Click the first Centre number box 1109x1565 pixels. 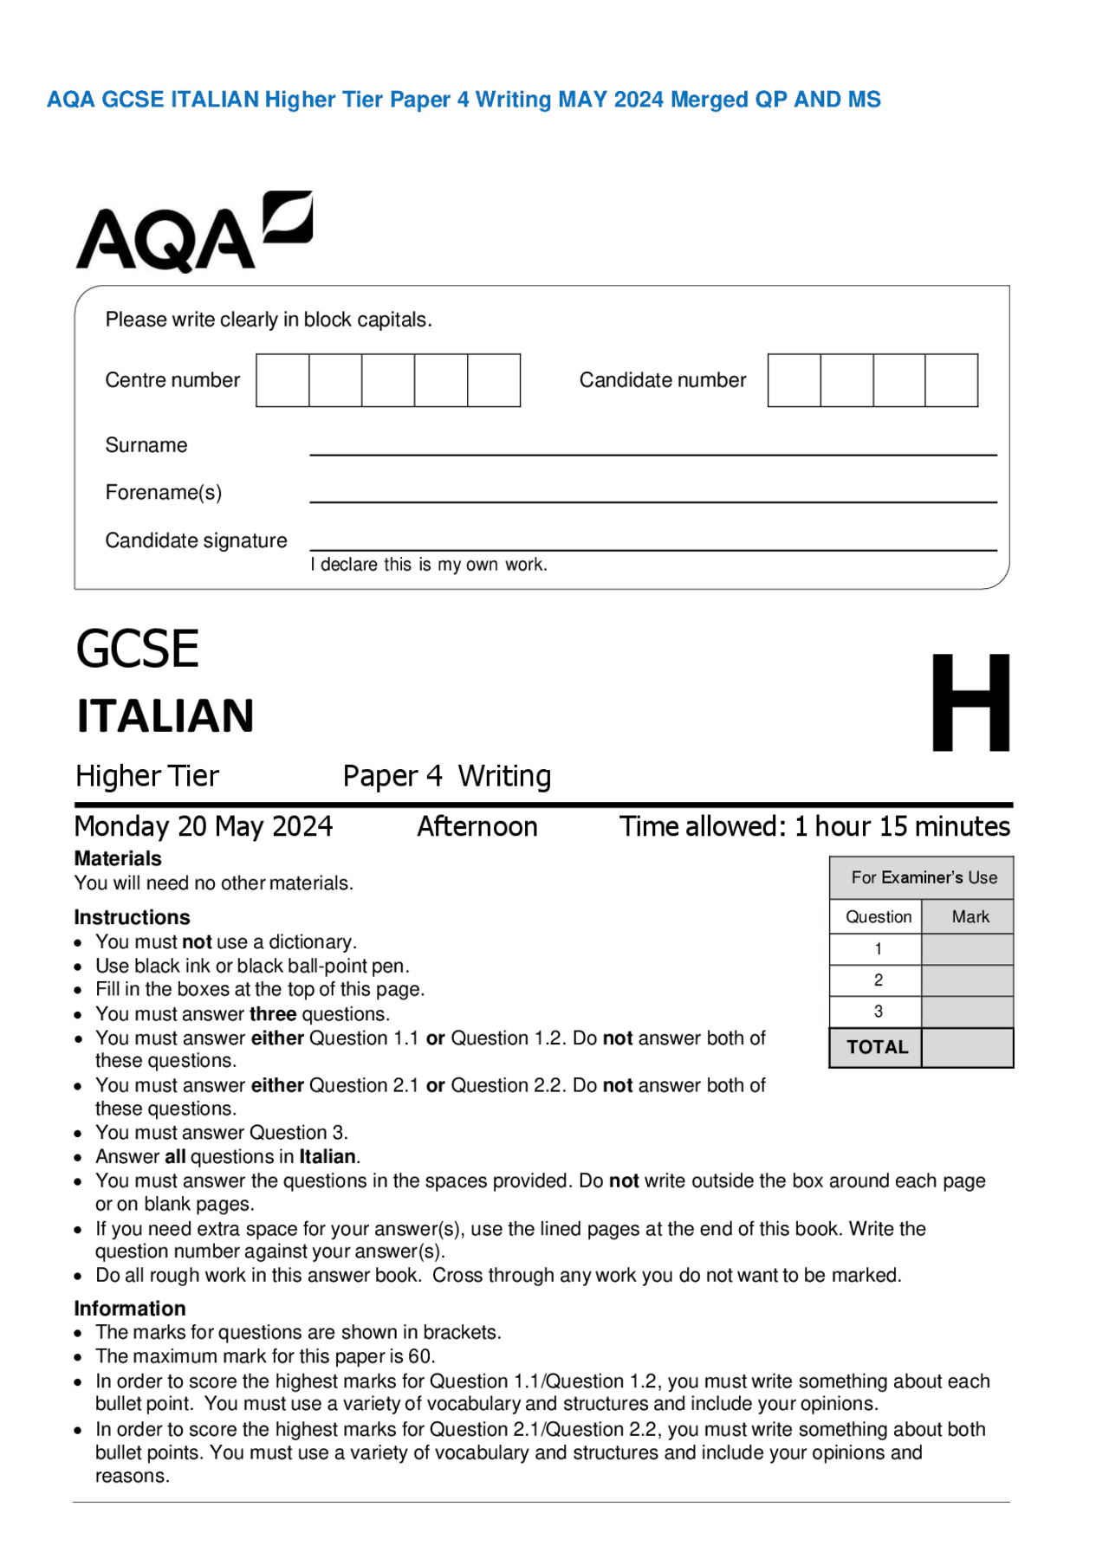[x=282, y=380]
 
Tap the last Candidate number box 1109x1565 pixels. [x=951, y=380]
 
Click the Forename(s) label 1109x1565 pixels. [x=163, y=493]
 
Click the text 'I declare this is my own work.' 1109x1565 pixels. [x=429, y=565]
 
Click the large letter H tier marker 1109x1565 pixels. [x=970, y=702]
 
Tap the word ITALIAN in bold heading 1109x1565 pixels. [x=165, y=716]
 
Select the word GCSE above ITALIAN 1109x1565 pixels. [x=137, y=650]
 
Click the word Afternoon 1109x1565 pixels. [x=477, y=826]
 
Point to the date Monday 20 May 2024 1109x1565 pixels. [x=204, y=826]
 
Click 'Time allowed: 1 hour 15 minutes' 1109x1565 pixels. [x=814, y=826]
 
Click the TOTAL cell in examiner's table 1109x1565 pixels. [x=877, y=1047]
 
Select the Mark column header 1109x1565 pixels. [x=970, y=916]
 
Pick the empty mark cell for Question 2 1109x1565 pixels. [x=967, y=980]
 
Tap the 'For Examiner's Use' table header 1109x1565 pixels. [x=923, y=877]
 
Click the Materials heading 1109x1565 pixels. [x=118, y=858]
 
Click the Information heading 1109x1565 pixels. [x=130, y=1309]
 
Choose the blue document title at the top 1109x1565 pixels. [x=464, y=100]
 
